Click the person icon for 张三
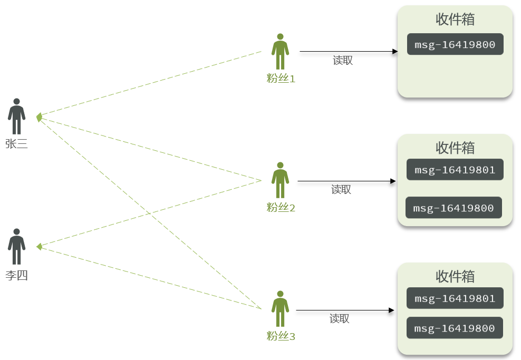pyautogui.click(x=17, y=116)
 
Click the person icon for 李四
pyautogui.click(x=17, y=247)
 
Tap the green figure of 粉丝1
pyautogui.click(x=280, y=52)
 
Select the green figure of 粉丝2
pyautogui.click(x=280, y=180)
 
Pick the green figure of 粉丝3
pyautogui.click(x=280, y=309)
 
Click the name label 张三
pyautogui.click(x=17, y=144)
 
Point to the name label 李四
pyautogui.click(x=17, y=275)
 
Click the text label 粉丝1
pyautogui.click(x=281, y=79)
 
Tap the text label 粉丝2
pyautogui.click(x=281, y=208)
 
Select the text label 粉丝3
pyautogui.click(x=281, y=336)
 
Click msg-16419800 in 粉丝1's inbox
pyautogui.click(x=455, y=44)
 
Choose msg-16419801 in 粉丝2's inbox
pyautogui.click(x=455, y=170)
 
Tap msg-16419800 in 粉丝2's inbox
pyautogui.click(x=454, y=208)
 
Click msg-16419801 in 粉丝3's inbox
pyautogui.click(x=455, y=298)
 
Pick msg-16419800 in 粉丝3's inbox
pyautogui.click(x=455, y=328)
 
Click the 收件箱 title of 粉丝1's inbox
pyautogui.click(x=455, y=19)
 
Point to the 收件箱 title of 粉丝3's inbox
pyautogui.click(x=455, y=276)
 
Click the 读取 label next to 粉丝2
pyautogui.click(x=341, y=190)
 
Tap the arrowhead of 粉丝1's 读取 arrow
pyautogui.click(x=395, y=52)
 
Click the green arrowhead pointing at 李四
pyautogui.click(x=39, y=247)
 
